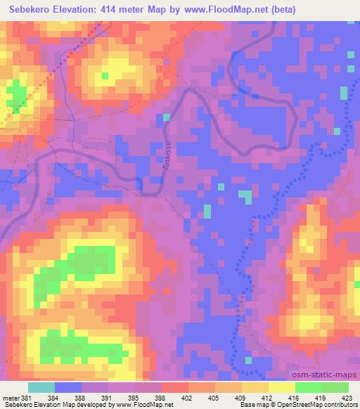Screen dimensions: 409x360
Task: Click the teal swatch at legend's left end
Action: pos(41,387)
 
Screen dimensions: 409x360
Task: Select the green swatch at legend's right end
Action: pos(335,387)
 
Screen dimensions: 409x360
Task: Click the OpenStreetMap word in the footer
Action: pos(315,405)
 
